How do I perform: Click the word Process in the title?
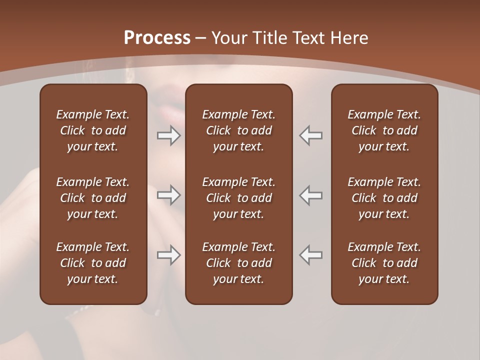pyautogui.click(x=157, y=38)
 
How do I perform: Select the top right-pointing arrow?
pyautogui.click(x=169, y=135)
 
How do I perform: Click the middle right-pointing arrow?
pyautogui.click(x=169, y=194)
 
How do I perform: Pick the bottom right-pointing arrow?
pyautogui.click(x=169, y=255)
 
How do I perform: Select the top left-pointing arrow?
pyautogui.click(x=310, y=135)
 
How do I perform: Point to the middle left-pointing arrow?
pyautogui.click(x=310, y=194)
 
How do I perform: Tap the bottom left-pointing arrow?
pyautogui.click(x=310, y=255)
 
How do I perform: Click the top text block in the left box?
pyautogui.click(x=93, y=130)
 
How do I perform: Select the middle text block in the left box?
pyautogui.click(x=93, y=198)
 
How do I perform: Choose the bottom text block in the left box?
pyautogui.click(x=93, y=263)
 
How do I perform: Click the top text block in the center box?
pyautogui.click(x=238, y=130)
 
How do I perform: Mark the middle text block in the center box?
pyautogui.click(x=238, y=198)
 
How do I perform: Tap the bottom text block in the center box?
pyautogui.click(x=238, y=263)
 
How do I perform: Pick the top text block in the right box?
pyautogui.click(x=384, y=130)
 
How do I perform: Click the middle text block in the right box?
pyautogui.click(x=384, y=198)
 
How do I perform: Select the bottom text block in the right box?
pyautogui.click(x=384, y=263)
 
